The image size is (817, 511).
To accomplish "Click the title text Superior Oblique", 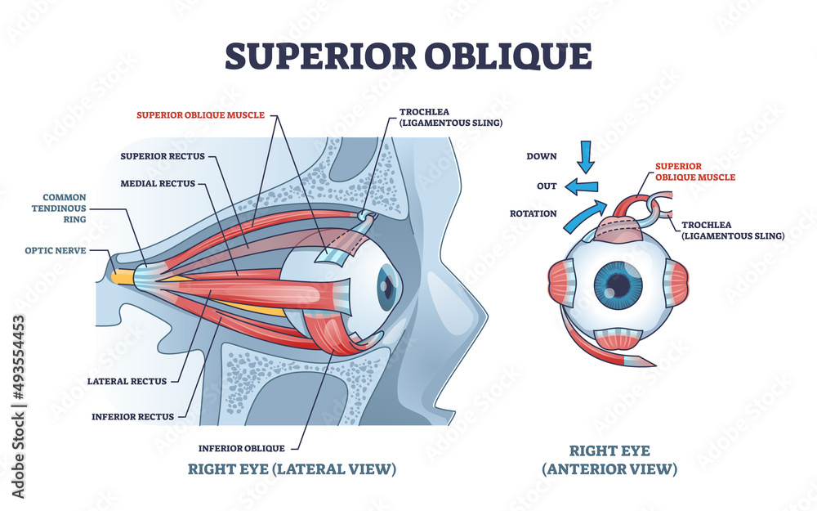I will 408,56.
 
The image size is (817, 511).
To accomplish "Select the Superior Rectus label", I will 163,155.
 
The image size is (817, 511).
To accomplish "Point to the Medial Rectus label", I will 158,184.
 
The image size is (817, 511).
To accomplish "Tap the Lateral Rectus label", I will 127,381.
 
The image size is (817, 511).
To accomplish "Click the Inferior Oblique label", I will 242,448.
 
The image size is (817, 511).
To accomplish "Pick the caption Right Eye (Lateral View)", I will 292,469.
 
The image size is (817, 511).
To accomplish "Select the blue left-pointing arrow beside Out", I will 580,186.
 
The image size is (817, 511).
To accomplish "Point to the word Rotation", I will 534,213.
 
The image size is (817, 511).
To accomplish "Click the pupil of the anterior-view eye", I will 618,286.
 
